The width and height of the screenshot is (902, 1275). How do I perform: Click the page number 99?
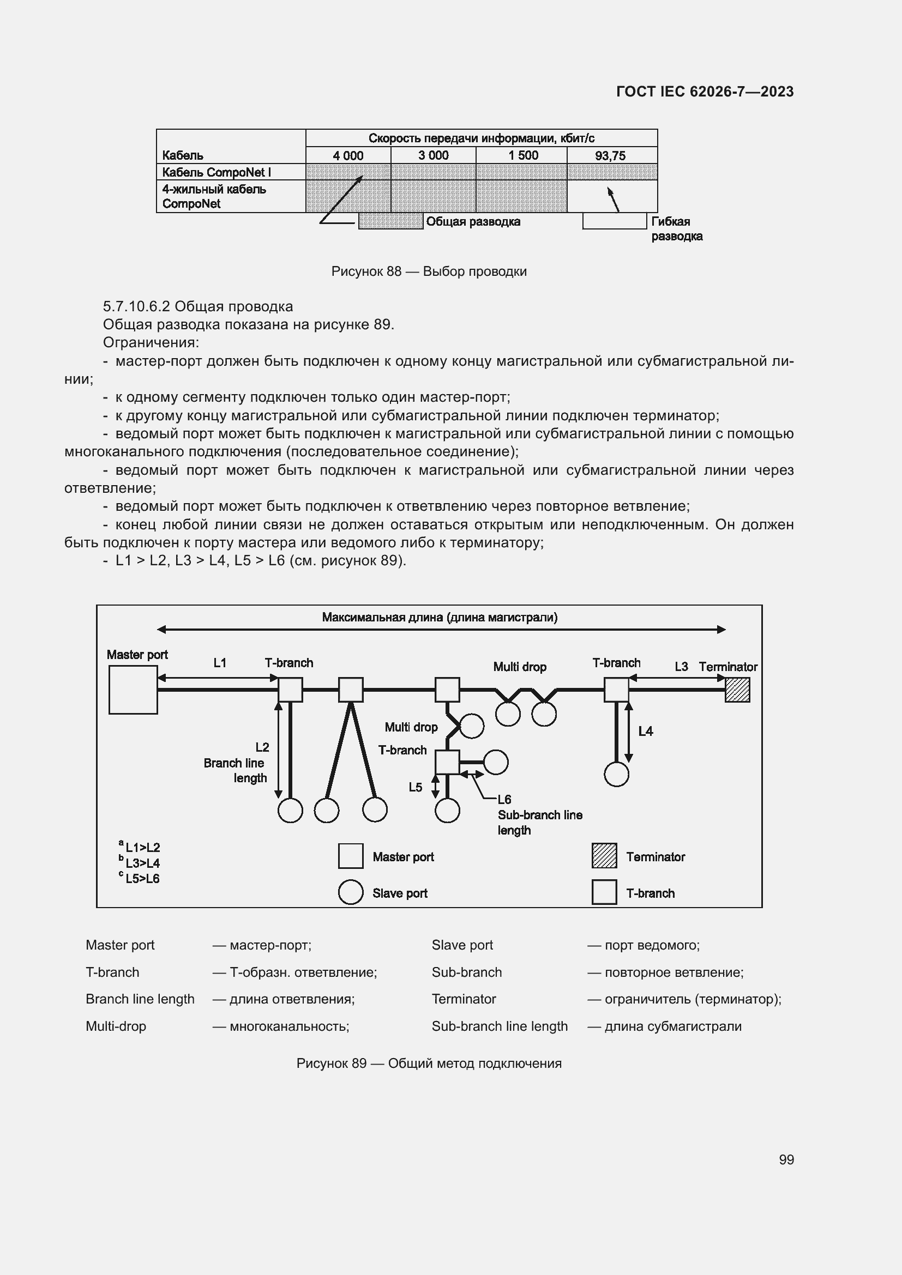(786, 1159)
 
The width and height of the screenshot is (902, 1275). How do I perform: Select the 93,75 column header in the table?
(610, 155)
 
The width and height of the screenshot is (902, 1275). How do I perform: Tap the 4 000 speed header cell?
(348, 155)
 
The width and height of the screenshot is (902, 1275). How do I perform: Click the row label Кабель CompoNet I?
(217, 172)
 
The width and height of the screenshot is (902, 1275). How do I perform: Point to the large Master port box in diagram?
(133, 690)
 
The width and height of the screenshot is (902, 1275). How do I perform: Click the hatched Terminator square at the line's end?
(737, 690)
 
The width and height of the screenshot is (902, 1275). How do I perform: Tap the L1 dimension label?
(220, 662)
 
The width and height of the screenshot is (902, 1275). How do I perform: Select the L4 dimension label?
(645, 732)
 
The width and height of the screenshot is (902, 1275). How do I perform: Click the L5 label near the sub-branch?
(416, 788)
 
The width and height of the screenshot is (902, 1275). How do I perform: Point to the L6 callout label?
(504, 800)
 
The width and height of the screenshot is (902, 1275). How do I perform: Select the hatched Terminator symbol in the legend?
(604, 856)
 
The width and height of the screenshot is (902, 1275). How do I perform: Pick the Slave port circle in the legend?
(351, 892)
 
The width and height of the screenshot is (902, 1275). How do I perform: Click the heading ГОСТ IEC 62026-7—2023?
(705, 92)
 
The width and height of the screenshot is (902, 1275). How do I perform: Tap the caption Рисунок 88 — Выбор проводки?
(429, 271)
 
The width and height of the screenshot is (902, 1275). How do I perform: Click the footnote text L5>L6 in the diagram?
(142, 879)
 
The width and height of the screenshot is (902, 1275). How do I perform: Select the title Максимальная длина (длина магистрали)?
(440, 617)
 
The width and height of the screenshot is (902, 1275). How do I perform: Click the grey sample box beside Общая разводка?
(390, 221)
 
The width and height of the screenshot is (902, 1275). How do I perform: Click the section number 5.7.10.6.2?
(136, 306)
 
